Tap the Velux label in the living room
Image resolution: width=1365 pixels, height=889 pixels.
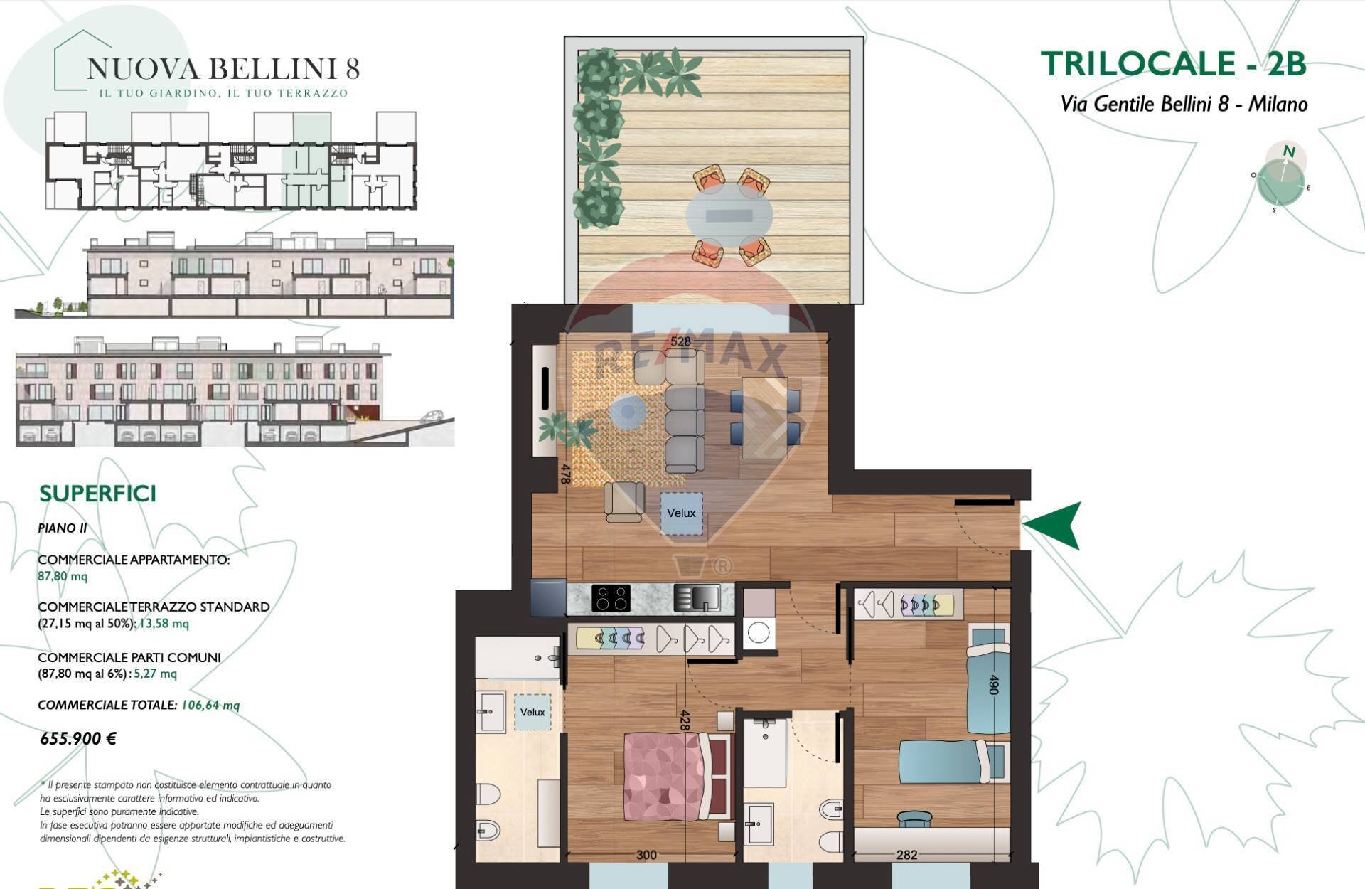point(681,513)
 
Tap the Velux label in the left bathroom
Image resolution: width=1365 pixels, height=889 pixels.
point(532,712)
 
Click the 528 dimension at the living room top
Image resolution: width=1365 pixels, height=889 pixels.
point(680,341)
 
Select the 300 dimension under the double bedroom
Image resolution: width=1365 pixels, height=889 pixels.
point(646,855)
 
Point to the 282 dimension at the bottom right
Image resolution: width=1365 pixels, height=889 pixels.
point(906,855)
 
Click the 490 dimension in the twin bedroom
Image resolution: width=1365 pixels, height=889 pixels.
point(994,684)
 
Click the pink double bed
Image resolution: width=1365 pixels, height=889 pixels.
point(672,777)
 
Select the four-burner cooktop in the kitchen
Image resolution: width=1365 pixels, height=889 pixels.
point(611,598)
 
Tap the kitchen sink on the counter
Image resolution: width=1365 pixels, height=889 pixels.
point(697,597)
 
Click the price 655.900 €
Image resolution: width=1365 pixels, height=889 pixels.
point(78,738)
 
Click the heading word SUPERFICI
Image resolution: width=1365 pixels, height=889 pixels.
point(97,494)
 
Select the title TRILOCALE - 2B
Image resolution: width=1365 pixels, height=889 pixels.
point(1173,63)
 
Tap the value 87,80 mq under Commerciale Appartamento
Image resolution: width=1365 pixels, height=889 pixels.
point(63,576)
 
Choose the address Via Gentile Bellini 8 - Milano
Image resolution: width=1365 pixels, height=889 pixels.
point(1184,104)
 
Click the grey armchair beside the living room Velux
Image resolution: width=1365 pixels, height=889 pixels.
point(624,501)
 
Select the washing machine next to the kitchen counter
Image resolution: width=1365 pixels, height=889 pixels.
point(759,632)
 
